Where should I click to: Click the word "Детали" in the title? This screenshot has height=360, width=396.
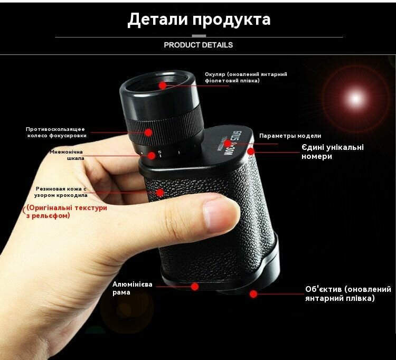pyautogui.click(x=157, y=20)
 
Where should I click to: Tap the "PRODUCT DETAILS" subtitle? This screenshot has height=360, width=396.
pyautogui.click(x=198, y=45)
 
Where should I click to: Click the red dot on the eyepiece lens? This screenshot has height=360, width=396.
pyautogui.click(x=163, y=86)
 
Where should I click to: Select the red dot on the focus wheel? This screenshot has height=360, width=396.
pyautogui.click(x=148, y=132)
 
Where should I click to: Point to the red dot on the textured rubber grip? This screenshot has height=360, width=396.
pyautogui.click(x=160, y=193)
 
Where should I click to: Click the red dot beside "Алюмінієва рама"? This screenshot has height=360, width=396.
pyautogui.click(x=195, y=287)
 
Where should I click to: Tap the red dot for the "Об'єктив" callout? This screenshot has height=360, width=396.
pyautogui.click(x=253, y=294)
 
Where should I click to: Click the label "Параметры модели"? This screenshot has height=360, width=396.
pyautogui.click(x=290, y=136)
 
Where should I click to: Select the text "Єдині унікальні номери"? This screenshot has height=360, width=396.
pyautogui.click(x=333, y=151)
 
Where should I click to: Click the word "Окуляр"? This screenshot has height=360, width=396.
pyautogui.click(x=215, y=74)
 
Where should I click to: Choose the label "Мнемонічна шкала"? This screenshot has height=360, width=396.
pyautogui.click(x=67, y=155)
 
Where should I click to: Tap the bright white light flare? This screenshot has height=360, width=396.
pyautogui.click(x=355, y=98)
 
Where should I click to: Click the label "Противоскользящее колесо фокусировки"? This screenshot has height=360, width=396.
pyautogui.click(x=56, y=132)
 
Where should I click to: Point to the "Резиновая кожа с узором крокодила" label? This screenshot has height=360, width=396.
pyautogui.click(x=61, y=192)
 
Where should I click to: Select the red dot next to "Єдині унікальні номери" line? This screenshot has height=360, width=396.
pyautogui.click(x=251, y=151)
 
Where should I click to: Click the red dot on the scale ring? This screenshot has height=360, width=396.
pyautogui.click(x=152, y=156)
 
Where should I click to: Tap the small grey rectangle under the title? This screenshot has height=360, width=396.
pyautogui.click(x=199, y=36)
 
